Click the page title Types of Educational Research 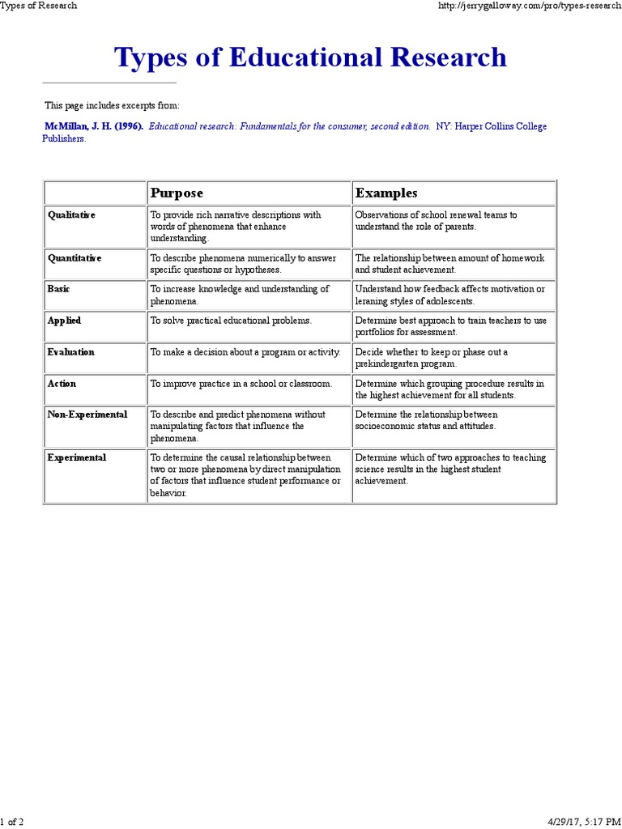click(x=310, y=57)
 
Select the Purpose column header click(x=177, y=193)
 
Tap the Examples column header click(x=386, y=193)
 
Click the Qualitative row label click(x=71, y=215)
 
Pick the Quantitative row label click(x=75, y=257)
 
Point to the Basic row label click(x=59, y=289)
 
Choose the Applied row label click(x=64, y=321)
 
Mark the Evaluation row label click(x=71, y=352)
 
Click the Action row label click(x=62, y=384)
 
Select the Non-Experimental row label click(x=87, y=414)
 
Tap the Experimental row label click(x=77, y=457)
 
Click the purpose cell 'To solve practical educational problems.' click(x=231, y=321)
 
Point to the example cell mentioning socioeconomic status click(x=426, y=420)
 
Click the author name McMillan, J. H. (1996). click(x=94, y=127)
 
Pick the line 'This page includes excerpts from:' click(x=112, y=106)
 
